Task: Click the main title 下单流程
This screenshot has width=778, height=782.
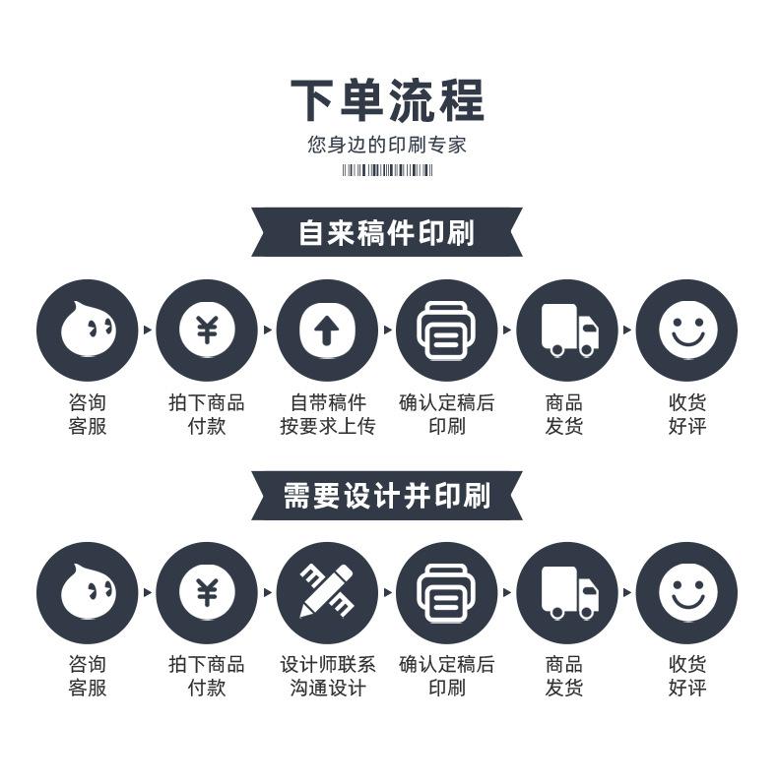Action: coord(387,100)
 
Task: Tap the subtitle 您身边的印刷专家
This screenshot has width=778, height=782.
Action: coord(387,146)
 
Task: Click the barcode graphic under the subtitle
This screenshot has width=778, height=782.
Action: coord(387,170)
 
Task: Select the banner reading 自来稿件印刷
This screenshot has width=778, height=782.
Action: coord(387,233)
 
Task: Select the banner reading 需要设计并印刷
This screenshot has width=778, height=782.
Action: coord(387,495)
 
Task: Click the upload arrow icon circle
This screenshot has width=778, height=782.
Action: coord(326,331)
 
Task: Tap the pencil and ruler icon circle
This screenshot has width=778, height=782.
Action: coord(326,592)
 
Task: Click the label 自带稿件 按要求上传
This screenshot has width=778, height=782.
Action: coord(327,414)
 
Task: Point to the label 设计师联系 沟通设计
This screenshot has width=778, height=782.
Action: coord(327,676)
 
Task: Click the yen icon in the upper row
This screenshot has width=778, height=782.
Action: coord(206,331)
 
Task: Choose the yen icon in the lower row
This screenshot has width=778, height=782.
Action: coord(206,592)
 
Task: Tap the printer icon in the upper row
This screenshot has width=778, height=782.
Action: coord(446,331)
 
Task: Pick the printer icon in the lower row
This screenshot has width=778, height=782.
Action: coord(446,592)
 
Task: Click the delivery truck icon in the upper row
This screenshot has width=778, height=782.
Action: coord(566,331)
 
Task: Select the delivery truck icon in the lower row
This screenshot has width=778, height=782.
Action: coord(566,592)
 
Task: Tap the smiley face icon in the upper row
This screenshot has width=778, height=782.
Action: coord(686,331)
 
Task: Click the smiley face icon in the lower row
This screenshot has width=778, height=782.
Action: coord(686,592)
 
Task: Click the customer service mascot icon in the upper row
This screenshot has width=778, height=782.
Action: coord(87,331)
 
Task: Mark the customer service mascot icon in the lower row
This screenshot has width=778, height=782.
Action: coord(87,592)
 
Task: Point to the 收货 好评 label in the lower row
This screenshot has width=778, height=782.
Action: coord(686,676)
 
